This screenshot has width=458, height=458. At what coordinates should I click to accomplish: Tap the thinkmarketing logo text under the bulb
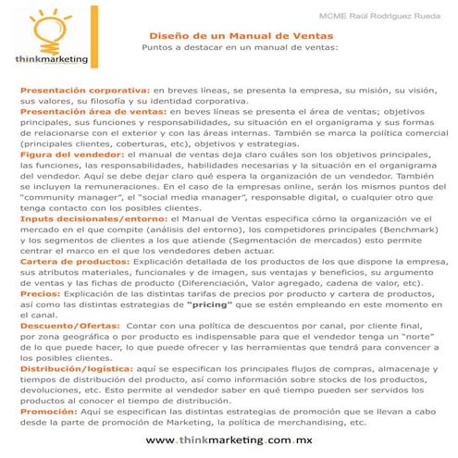tap(53, 56)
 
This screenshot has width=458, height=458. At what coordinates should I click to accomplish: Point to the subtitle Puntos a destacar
tap(241, 43)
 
